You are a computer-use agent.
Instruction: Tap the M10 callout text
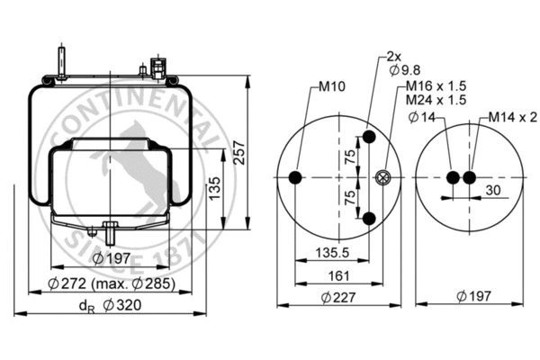pos(330,88)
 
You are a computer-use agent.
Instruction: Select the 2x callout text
pos(392,55)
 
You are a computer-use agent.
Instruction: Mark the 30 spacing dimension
pos(493,190)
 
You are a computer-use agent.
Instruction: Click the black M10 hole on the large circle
pos(296,178)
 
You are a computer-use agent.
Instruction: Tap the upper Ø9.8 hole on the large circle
pos(369,139)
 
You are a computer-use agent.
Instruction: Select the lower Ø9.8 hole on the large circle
pos(369,219)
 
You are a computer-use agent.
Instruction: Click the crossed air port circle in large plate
pos(383,178)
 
